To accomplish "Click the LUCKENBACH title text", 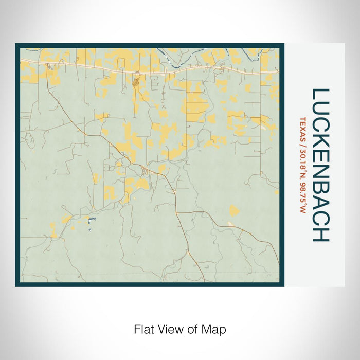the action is point(320,165).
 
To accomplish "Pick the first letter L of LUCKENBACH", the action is point(320,95).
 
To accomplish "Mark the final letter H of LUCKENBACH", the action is point(320,234).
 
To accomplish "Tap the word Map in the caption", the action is point(216,329).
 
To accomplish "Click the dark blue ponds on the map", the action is point(91,220).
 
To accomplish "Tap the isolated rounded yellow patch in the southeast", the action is point(234,210).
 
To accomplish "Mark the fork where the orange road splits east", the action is point(176,211).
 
